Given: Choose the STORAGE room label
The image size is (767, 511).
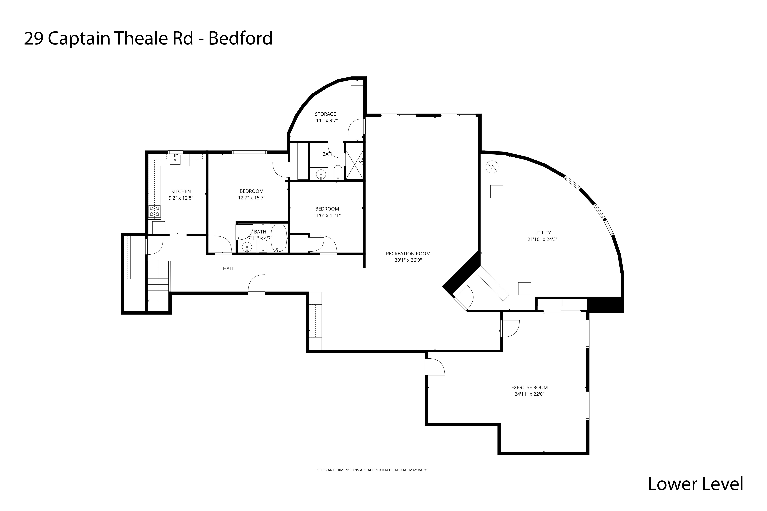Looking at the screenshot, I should point(325,114).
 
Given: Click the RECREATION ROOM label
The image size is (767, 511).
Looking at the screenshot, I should point(408,253).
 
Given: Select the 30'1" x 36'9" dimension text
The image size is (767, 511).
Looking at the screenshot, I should point(408,260).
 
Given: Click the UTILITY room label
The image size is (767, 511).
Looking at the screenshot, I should point(542,233).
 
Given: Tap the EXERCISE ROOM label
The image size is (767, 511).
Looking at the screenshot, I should point(529,387).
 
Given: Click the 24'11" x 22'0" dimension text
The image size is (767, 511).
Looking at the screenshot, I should point(529,394).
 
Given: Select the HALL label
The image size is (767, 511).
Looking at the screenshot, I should point(229,268).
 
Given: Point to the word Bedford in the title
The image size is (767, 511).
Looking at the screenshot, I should point(240,38).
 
